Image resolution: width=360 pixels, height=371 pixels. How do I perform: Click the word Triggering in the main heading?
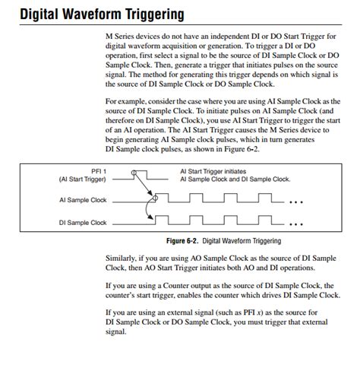point(155,14)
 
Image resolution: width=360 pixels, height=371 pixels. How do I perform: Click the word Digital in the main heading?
point(39,14)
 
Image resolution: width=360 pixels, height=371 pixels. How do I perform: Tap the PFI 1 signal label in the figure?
point(99,172)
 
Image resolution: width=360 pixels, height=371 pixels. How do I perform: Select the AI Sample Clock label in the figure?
point(83,200)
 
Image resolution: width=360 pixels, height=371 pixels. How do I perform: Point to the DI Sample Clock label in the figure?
point(83,223)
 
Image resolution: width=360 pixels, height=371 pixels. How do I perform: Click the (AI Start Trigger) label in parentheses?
point(82,179)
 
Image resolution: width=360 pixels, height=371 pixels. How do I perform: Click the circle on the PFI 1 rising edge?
point(134,173)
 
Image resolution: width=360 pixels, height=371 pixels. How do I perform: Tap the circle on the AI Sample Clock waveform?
point(155,198)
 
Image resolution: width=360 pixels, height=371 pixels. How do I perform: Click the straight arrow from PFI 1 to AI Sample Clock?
point(144,185)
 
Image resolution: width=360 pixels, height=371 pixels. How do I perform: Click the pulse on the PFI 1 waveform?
point(141,175)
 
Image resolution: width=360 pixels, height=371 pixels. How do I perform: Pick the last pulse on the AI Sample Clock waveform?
point(265,198)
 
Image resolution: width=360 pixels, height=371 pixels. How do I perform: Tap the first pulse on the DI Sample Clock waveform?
point(162,220)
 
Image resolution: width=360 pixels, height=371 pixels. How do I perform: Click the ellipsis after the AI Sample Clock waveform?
point(296,202)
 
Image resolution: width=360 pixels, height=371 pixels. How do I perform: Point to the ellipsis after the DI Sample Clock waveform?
point(296,224)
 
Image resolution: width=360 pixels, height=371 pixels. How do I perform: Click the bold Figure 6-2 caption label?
point(182,241)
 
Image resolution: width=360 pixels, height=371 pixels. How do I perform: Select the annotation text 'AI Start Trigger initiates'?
point(213,172)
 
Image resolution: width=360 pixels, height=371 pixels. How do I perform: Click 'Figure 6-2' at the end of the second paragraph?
point(241,149)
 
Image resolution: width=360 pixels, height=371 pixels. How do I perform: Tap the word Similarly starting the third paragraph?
point(121,258)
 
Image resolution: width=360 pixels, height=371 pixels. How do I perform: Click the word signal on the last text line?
point(115,332)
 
